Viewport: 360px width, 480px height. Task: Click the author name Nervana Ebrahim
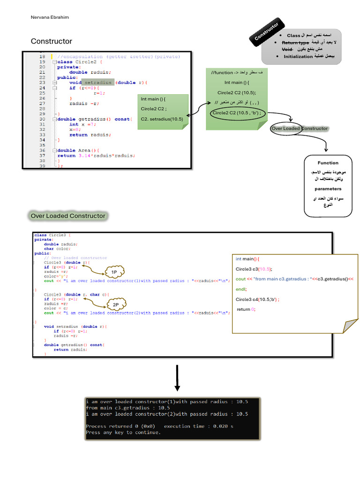49,18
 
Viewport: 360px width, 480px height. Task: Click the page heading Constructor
52,41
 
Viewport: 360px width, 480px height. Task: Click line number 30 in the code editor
42,119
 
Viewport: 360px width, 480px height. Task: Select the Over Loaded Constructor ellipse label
300,128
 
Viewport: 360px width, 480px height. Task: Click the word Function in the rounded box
328,163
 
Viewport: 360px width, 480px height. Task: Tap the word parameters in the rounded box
328,189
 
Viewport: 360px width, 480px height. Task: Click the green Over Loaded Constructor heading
68,216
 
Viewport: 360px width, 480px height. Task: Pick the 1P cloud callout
114,272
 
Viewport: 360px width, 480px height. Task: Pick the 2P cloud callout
115,305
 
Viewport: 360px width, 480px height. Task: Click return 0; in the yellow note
246,309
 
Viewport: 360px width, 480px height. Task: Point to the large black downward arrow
177,378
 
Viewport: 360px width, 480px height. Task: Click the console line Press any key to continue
123,432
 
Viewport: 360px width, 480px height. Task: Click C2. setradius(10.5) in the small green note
162,119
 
